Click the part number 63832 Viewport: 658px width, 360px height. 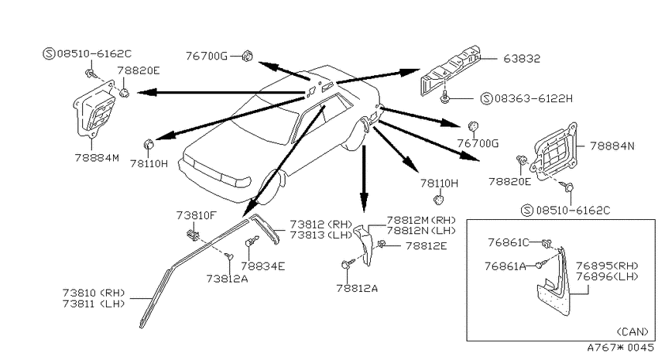coord(522,59)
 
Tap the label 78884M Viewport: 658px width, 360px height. coord(97,158)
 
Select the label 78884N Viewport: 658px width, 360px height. coord(612,146)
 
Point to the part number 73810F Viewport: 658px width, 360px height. coord(197,216)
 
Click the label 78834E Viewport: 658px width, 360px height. coord(263,266)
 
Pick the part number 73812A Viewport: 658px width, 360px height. coord(227,279)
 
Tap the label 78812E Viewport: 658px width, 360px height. coord(427,246)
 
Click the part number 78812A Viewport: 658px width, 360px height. coord(357,288)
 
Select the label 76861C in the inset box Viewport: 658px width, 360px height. coord(508,242)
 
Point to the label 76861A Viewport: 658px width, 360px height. coord(505,266)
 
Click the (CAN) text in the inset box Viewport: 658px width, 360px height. coord(632,332)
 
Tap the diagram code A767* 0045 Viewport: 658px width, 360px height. coord(620,348)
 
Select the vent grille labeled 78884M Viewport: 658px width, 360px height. coord(95,110)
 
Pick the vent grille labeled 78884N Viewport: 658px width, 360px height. coord(555,151)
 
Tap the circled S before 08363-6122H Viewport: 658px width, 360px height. coord(486,99)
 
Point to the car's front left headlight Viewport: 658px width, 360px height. coord(236,181)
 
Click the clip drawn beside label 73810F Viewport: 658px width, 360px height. coord(192,235)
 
